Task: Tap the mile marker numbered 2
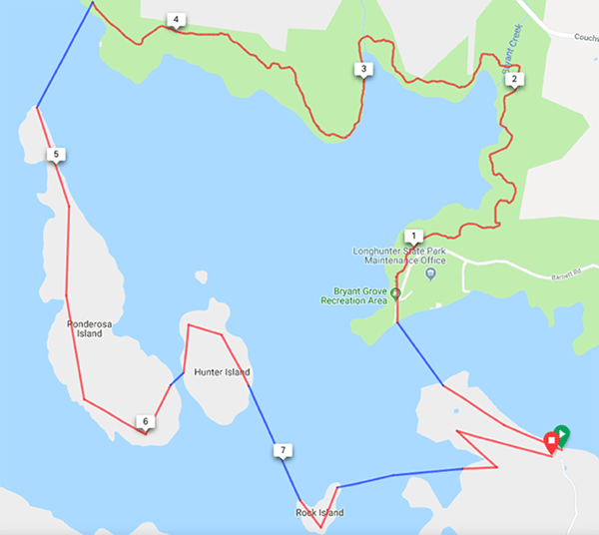click(513, 79)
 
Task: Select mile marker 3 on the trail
click(363, 69)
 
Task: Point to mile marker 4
click(176, 20)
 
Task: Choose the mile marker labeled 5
click(56, 154)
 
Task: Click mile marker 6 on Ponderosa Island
click(146, 422)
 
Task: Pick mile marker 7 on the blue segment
click(284, 451)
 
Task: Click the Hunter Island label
click(223, 373)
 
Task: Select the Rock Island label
click(318, 513)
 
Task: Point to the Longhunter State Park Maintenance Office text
click(399, 256)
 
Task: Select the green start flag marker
click(562, 433)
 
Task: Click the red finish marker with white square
click(550, 440)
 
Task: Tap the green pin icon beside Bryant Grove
click(396, 292)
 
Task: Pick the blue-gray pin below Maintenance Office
click(431, 272)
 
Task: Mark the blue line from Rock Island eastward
click(399, 475)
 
